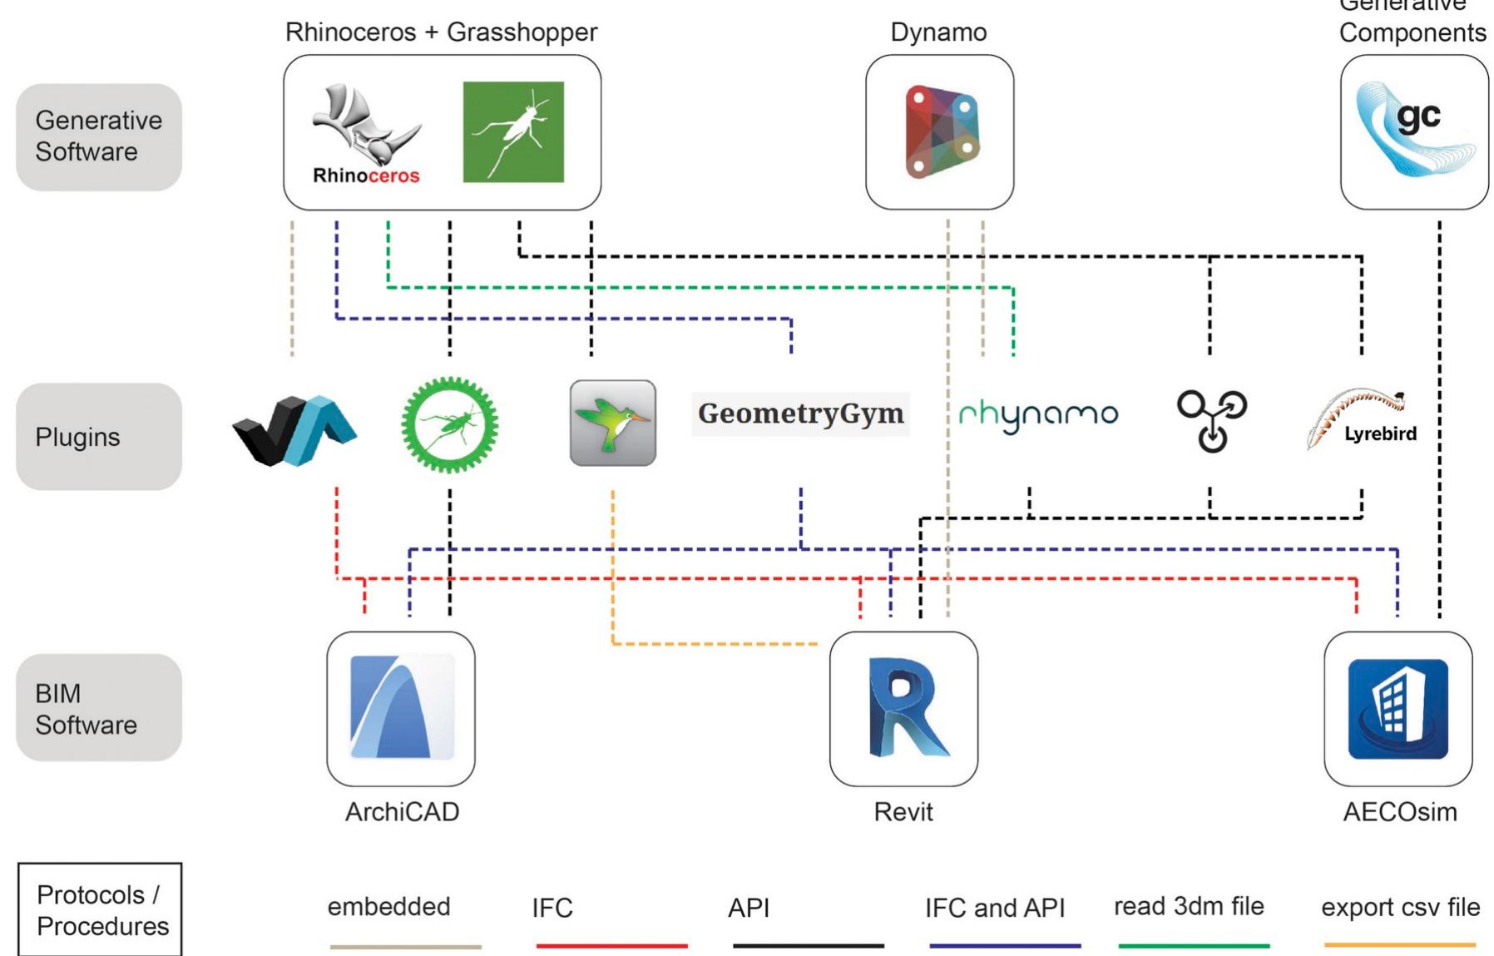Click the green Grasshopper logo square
(513, 131)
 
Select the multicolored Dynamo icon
(941, 131)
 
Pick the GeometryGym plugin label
(800, 414)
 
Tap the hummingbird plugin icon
(613, 423)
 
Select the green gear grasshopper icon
(449, 424)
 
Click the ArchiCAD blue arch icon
(402, 707)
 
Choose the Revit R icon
(904, 707)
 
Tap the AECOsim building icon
(1398, 708)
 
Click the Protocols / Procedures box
(100, 909)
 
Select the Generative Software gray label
(99, 136)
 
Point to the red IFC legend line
(611, 945)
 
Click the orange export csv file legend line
(1399, 944)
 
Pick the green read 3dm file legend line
(1194, 945)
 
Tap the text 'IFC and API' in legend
(994, 908)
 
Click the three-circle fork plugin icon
(1211, 420)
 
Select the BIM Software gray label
(99, 708)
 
